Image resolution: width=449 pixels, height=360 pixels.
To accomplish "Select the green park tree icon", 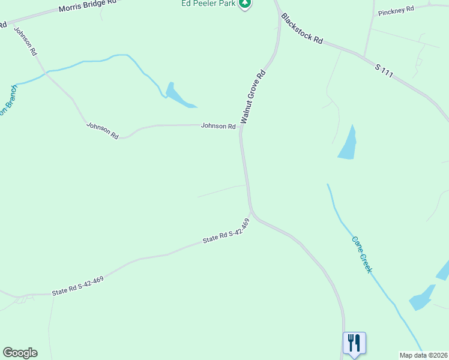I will pyautogui.click(x=245, y=4).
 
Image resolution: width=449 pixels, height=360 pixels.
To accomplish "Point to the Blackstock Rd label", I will pyautogui.click(x=302, y=29).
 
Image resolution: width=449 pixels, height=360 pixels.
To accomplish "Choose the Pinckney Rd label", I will pyautogui.click(x=394, y=10).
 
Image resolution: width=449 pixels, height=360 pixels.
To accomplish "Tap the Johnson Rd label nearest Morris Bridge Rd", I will pyautogui.click(x=25, y=41).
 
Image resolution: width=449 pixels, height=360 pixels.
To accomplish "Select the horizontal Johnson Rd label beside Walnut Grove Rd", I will pyautogui.click(x=218, y=126).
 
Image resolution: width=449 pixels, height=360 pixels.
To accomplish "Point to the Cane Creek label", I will pyautogui.click(x=362, y=253).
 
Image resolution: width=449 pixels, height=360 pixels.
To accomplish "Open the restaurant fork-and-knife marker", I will pyautogui.click(x=354, y=343).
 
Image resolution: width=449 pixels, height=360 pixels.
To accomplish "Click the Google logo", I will pyautogui.click(x=20, y=353).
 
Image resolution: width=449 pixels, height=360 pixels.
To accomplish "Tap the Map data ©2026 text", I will pyautogui.click(x=423, y=355).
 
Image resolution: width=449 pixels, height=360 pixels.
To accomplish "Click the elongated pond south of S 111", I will pyautogui.click(x=348, y=144).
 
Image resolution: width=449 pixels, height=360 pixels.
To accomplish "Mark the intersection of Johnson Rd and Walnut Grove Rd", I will pyautogui.click(x=241, y=127).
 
